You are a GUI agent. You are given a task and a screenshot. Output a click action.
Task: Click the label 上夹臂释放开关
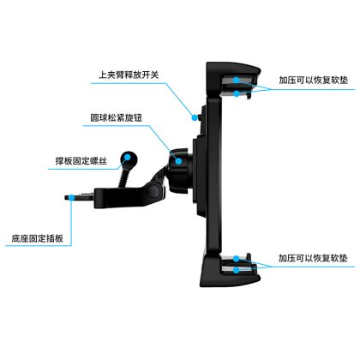129,75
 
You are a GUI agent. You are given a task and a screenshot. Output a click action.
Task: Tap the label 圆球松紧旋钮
116,117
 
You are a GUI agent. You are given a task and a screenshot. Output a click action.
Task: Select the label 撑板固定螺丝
81,161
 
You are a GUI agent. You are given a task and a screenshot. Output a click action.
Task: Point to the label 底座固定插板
38,238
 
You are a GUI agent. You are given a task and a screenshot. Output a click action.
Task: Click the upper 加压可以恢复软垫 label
314,80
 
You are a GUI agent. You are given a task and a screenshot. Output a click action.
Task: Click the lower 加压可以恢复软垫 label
313,258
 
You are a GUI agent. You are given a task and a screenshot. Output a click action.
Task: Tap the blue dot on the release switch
195,117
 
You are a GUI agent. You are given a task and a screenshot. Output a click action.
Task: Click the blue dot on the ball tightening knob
178,161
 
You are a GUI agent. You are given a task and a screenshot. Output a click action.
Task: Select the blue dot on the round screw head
128,157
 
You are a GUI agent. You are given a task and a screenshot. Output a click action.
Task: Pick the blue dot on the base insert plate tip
71,197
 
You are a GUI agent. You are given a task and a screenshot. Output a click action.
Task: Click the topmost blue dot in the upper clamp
237,80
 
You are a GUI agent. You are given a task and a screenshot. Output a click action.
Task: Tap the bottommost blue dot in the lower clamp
237,270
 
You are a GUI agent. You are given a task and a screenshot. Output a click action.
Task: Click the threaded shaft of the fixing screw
123,177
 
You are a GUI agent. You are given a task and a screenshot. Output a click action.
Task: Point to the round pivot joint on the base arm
153,190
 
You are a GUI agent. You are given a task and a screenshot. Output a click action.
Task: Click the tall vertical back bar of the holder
213,174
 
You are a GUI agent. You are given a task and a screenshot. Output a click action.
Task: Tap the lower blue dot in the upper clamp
237,93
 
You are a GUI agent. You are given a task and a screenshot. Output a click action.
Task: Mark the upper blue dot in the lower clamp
237,259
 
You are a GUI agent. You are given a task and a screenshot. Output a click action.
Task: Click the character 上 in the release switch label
103,75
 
